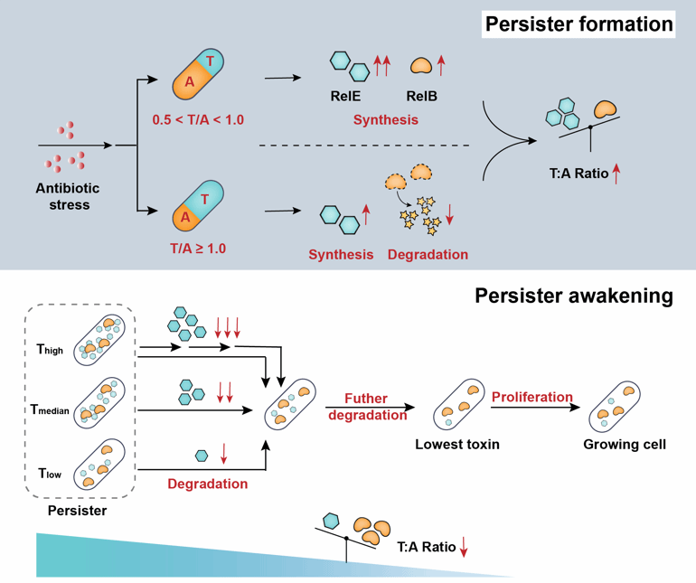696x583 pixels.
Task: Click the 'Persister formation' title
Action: (x=578, y=24)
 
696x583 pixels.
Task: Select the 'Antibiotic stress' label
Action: (x=69, y=196)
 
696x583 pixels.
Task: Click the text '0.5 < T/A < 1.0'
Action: (x=199, y=119)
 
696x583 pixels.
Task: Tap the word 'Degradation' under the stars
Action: (x=428, y=255)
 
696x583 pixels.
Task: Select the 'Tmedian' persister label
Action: (x=50, y=410)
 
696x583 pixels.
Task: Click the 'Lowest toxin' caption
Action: (x=457, y=445)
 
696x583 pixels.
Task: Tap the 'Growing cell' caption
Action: (x=625, y=445)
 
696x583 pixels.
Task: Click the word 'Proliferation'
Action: (x=532, y=397)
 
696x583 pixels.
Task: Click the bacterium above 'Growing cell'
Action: (x=616, y=405)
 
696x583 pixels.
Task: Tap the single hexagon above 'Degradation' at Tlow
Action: (x=202, y=456)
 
